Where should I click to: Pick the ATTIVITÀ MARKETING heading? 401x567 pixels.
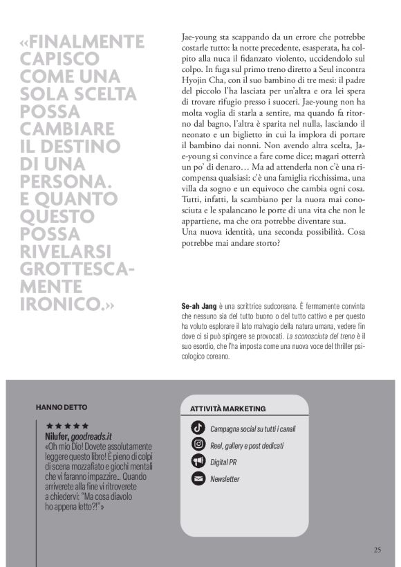[227, 409]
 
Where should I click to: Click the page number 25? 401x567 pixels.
[377, 550]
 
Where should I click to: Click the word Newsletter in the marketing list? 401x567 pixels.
[225, 478]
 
